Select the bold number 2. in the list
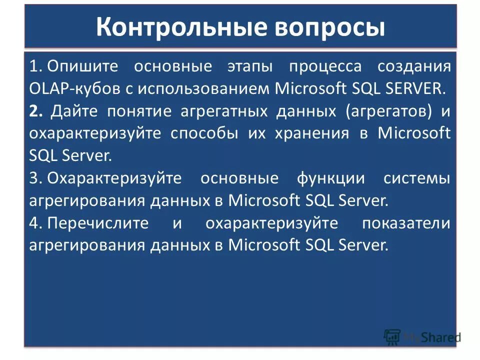(x=36, y=111)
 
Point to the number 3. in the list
(x=35, y=178)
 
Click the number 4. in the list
(x=35, y=223)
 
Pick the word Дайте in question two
(x=74, y=111)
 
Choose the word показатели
(x=406, y=223)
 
